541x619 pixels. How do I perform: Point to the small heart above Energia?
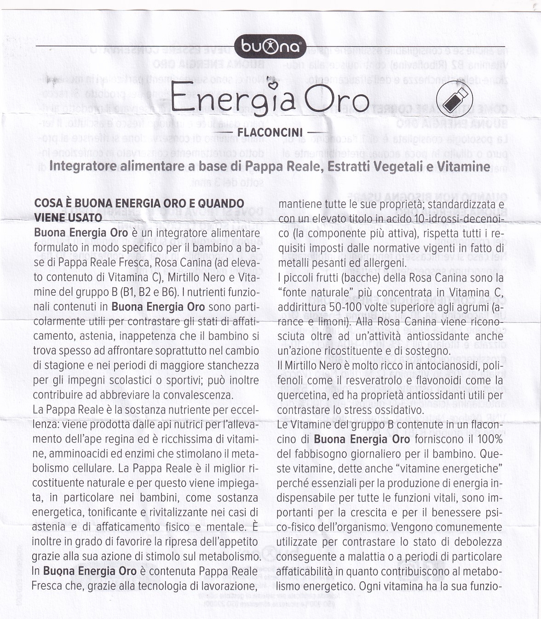click(x=274, y=83)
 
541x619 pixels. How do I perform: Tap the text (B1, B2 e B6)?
click(x=148, y=292)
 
